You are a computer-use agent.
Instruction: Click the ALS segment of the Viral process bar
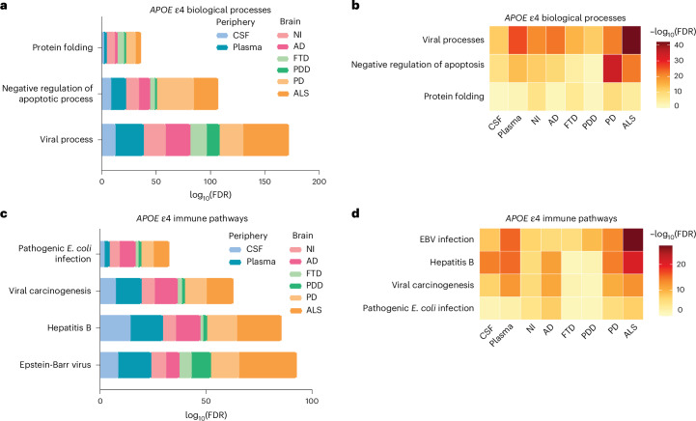click(x=265, y=140)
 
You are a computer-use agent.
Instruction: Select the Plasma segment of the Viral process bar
click(x=129, y=140)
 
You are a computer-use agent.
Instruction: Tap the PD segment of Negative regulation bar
click(x=176, y=94)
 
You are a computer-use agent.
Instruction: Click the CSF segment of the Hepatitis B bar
click(x=116, y=328)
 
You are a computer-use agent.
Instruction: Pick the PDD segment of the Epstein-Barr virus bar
click(x=202, y=365)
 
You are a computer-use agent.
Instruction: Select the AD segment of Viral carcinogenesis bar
click(x=166, y=292)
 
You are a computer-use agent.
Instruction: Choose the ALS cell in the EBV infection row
click(x=633, y=239)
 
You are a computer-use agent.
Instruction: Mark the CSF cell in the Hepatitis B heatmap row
click(x=489, y=263)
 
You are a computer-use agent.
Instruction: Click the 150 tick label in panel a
click(x=264, y=182)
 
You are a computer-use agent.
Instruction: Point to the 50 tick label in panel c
click(x=206, y=401)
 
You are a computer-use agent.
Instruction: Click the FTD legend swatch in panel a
click(x=283, y=58)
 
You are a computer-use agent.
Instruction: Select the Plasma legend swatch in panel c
click(x=235, y=262)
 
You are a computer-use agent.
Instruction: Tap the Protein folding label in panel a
click(x=63, y=47)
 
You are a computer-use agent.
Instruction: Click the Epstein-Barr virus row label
click(x=55, y=365)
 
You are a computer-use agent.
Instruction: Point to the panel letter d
click(x=355, y=213)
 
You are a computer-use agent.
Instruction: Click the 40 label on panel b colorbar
click(x=679, y=44)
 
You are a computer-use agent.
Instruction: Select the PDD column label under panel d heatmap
click(x=589, y=332)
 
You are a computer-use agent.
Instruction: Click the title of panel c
click(x=192, y=218)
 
